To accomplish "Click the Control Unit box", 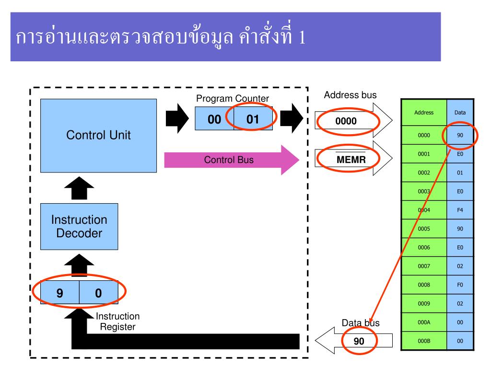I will (x=98, y=135).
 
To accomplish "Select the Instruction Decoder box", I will (x=79, y=226).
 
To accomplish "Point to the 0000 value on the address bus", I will (x=346, y=121).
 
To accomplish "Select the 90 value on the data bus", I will (x=359, y=341).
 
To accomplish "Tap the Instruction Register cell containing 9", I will (x=59, y=293).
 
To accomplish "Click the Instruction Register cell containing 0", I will (x=98, y=293).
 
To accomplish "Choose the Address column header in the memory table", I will (x=424, y=113).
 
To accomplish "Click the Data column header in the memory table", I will (x=459, y=113).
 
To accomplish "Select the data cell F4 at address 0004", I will (x=459, y=210).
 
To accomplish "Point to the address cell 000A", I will (x=424, y=322).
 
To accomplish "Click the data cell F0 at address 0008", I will (x=459, y=285).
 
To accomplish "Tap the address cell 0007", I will (x=424, y=266).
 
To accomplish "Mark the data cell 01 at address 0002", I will (x=459, y=172).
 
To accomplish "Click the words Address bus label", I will (x=350, y=95).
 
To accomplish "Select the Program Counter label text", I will (x=233, y=98).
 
